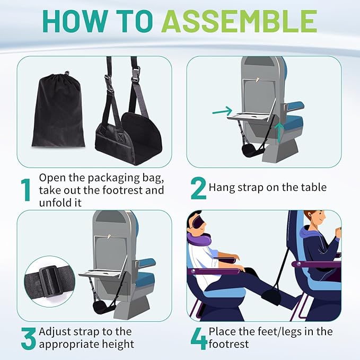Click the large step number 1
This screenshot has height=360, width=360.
pos(25,190)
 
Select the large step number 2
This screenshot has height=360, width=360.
pos(197,187)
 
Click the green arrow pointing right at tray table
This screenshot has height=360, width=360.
pos(222,111)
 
